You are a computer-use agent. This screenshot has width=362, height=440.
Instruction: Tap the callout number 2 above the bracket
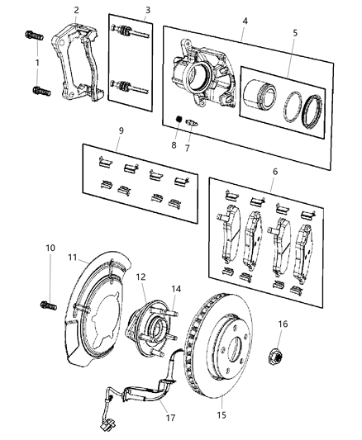[x=76, y=10]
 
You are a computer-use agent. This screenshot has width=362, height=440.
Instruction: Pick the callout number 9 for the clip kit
[x=121, y=130]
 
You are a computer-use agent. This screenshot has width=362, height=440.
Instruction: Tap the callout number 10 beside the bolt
[x=50, y=248]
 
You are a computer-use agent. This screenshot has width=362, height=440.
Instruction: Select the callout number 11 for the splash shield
[x=72, y=257]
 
